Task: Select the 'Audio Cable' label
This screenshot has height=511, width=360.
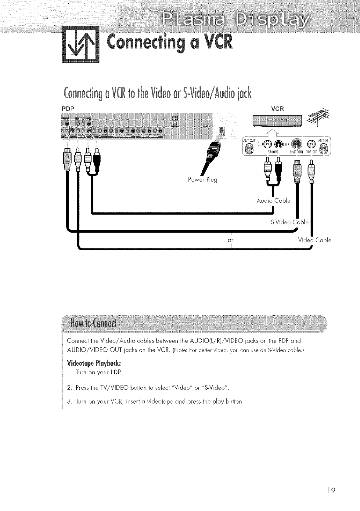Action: pyautogui.click(x=273, y=201)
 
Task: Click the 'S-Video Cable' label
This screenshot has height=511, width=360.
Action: pyautogui.click(x=289, y=222)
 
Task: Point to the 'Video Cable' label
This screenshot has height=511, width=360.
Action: pyautogui.click(x=315, y=240)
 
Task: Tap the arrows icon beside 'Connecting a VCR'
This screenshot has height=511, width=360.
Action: pyautogui.click(x=81, y=44)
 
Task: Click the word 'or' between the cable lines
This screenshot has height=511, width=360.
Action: pyautogui.click(x=231, y=240)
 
